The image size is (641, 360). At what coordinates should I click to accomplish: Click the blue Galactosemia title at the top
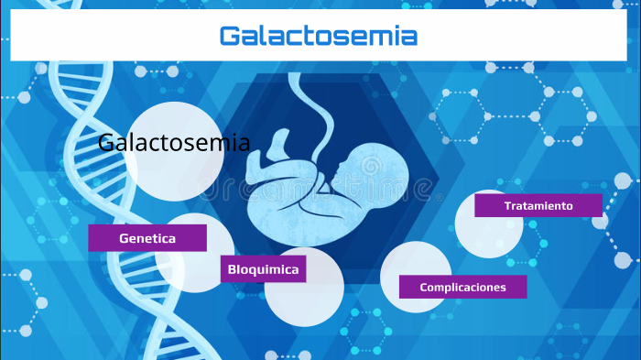point(318,37)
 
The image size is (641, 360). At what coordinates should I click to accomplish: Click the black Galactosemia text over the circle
point(173,143)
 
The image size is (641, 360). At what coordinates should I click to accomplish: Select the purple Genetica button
point(147,238)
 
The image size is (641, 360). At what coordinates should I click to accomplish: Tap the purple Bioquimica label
point(264,269)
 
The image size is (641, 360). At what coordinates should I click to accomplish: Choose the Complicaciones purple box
point(462,287)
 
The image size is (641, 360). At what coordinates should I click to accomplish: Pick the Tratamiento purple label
point(538,205)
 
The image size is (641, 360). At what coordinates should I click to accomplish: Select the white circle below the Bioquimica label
point(304,298)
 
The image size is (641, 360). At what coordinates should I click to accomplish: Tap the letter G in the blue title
point(231,37)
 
